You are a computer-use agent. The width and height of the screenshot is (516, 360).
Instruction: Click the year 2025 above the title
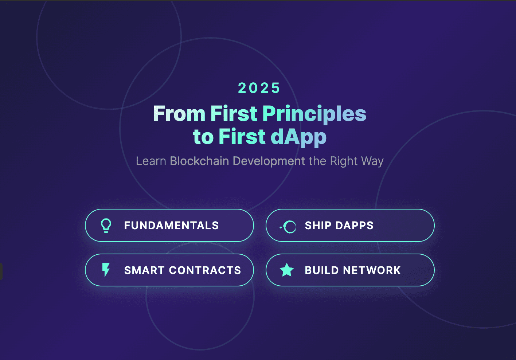[259, 88]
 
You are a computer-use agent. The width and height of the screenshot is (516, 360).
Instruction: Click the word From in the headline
[179, 114]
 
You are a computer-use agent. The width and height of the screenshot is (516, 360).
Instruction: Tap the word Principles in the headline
[314, 114]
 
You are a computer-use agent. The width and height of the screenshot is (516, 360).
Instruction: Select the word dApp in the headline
[298, 137]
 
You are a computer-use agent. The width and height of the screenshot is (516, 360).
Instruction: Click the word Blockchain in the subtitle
[199, 161]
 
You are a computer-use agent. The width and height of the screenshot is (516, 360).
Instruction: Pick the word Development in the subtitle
[269, 161]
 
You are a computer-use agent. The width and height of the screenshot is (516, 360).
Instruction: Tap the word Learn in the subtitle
[151, 161]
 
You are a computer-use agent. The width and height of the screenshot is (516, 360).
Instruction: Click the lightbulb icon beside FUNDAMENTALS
[106, 226]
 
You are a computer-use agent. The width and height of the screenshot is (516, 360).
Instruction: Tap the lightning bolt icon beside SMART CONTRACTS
[106, 270]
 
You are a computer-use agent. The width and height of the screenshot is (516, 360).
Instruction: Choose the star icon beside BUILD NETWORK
[287, 270]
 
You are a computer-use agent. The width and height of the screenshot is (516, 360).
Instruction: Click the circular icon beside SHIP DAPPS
[289, 227]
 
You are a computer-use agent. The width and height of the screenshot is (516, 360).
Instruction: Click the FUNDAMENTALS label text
[171, 226]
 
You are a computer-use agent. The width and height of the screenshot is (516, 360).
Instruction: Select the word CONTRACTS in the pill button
[205, 270]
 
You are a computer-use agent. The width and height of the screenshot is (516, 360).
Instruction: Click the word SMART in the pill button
[144, 270]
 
